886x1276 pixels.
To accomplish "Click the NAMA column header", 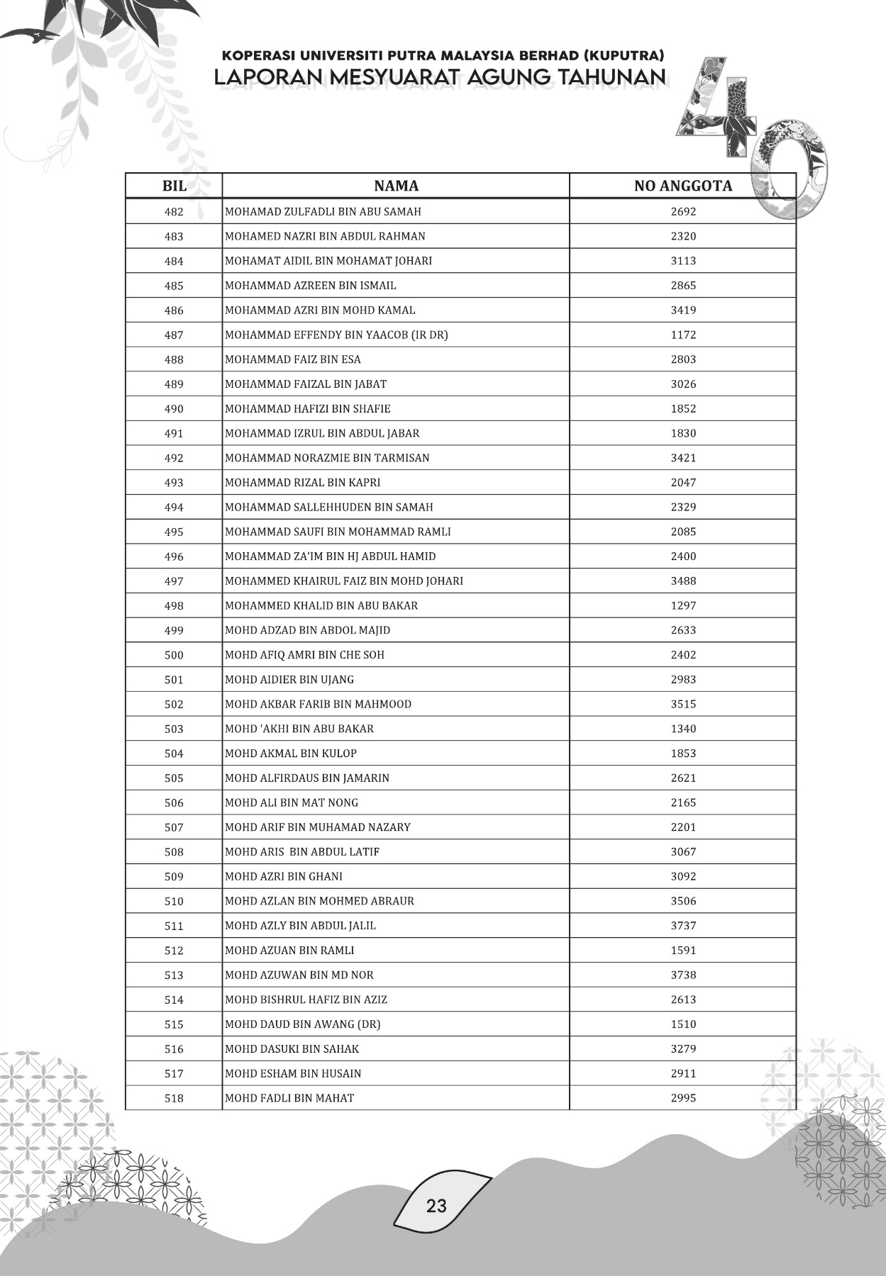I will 396,186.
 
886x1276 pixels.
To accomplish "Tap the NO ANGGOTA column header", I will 682,186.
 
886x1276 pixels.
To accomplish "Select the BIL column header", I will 174,186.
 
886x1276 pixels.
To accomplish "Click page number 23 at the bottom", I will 436,1205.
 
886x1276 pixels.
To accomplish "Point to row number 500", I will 174,655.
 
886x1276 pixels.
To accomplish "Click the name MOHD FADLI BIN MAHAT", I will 289,1098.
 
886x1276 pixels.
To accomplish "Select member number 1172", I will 683,335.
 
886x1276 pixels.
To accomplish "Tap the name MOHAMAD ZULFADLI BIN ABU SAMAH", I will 323,211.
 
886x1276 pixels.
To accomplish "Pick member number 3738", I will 683,975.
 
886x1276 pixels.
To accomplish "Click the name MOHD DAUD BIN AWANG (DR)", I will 302,1024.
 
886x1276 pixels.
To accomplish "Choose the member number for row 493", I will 683,483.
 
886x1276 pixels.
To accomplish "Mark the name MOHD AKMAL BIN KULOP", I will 291,754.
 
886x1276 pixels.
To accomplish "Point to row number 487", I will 174,335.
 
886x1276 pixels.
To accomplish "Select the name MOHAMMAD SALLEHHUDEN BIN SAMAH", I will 328,507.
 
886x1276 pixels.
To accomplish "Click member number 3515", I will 683,704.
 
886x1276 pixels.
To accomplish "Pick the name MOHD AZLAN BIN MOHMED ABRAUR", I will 319,901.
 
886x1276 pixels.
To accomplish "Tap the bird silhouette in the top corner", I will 32,35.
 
